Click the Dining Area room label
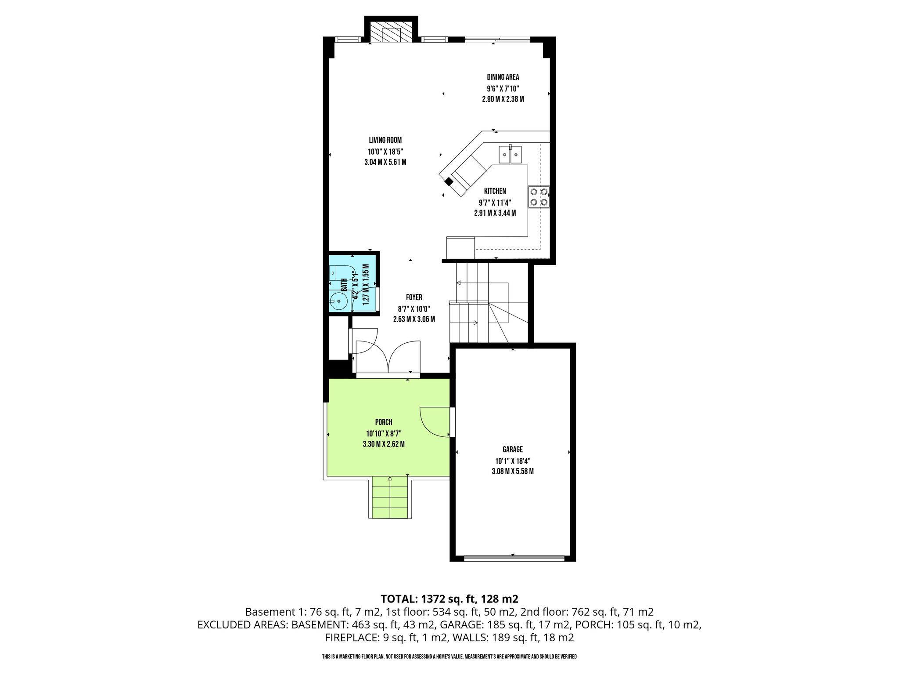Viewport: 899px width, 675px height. point(503,77)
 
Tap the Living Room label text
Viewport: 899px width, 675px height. point(385,140)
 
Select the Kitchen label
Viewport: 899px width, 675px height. point(495,191)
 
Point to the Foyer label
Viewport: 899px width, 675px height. point(414,298)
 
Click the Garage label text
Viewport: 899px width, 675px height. point(512,450)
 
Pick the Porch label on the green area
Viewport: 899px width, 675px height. point(384,422)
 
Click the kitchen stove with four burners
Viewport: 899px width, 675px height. point(539,197)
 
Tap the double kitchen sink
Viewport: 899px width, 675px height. point(510,154)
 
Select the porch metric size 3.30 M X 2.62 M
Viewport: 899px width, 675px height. point(384,444)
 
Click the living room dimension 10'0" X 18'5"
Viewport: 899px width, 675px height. point(385,152)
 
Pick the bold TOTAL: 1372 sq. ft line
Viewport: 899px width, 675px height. point(449,599)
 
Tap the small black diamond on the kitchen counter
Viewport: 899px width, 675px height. point(449,181)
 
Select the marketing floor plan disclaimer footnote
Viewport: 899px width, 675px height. point(449,657)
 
